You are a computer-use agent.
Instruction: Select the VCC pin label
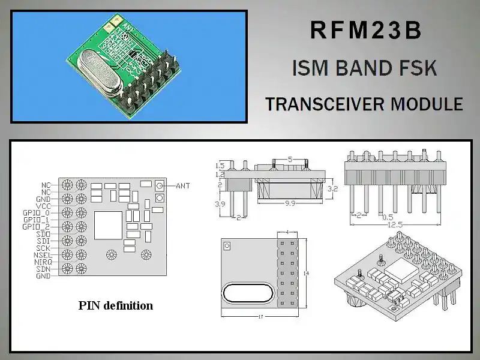click(43, 205)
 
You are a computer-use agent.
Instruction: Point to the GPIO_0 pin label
click(36, 212)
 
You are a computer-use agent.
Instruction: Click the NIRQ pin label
click(42, 262)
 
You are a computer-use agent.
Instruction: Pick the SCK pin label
click(43, 248)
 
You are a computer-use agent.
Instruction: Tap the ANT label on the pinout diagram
click(183, 186)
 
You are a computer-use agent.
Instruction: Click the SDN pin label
click(43, 269)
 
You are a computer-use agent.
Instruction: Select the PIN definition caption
click(116, 305)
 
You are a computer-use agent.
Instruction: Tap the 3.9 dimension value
click(220, 204)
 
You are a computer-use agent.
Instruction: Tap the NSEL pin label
click(41, 255)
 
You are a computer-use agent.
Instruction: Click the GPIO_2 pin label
click(36, 226)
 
